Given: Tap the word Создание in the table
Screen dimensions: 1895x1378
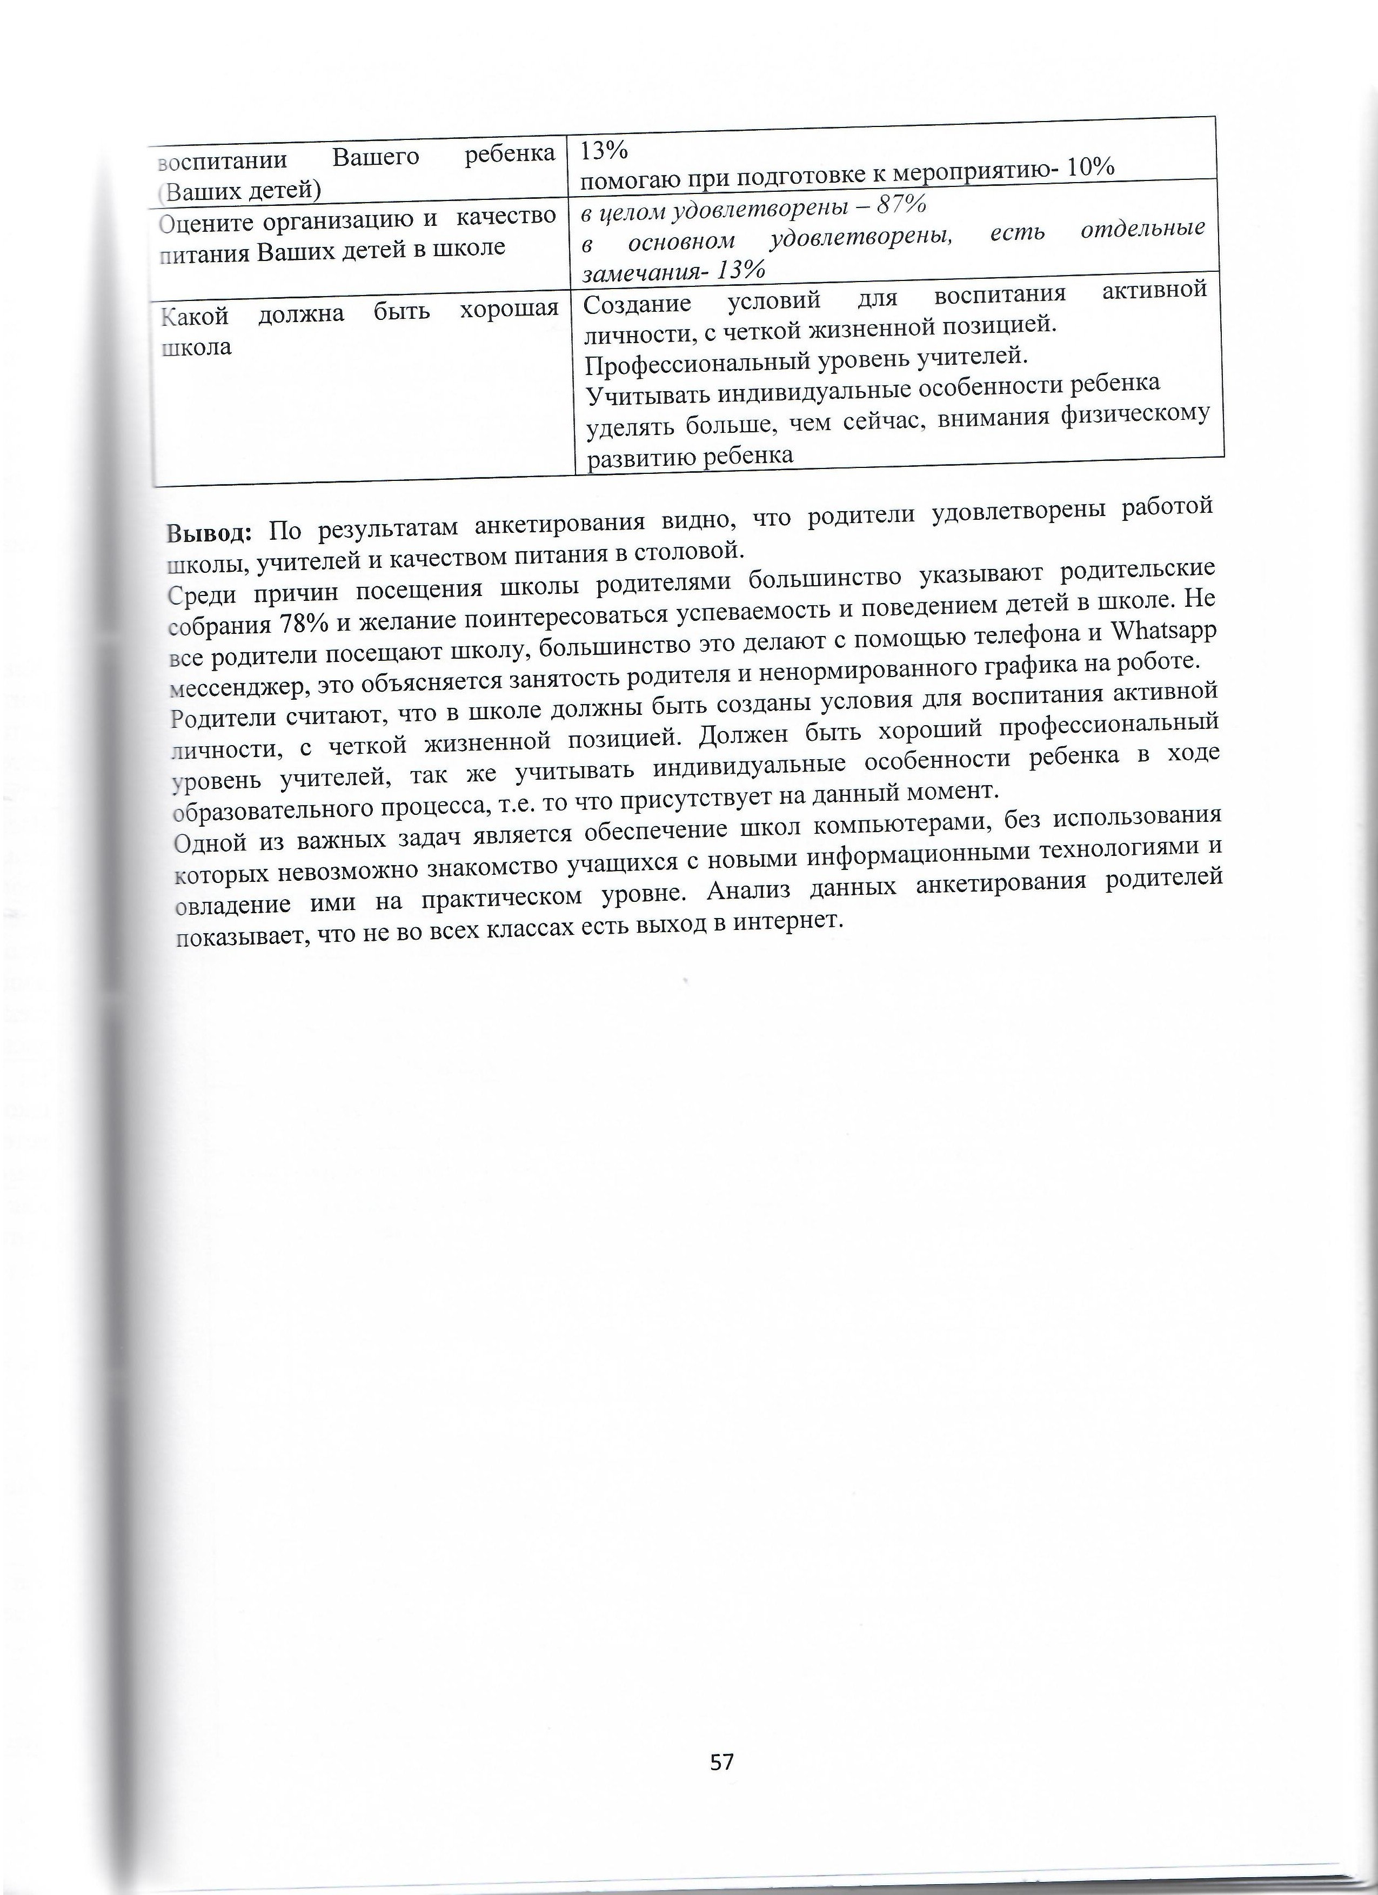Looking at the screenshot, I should (637, 305).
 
